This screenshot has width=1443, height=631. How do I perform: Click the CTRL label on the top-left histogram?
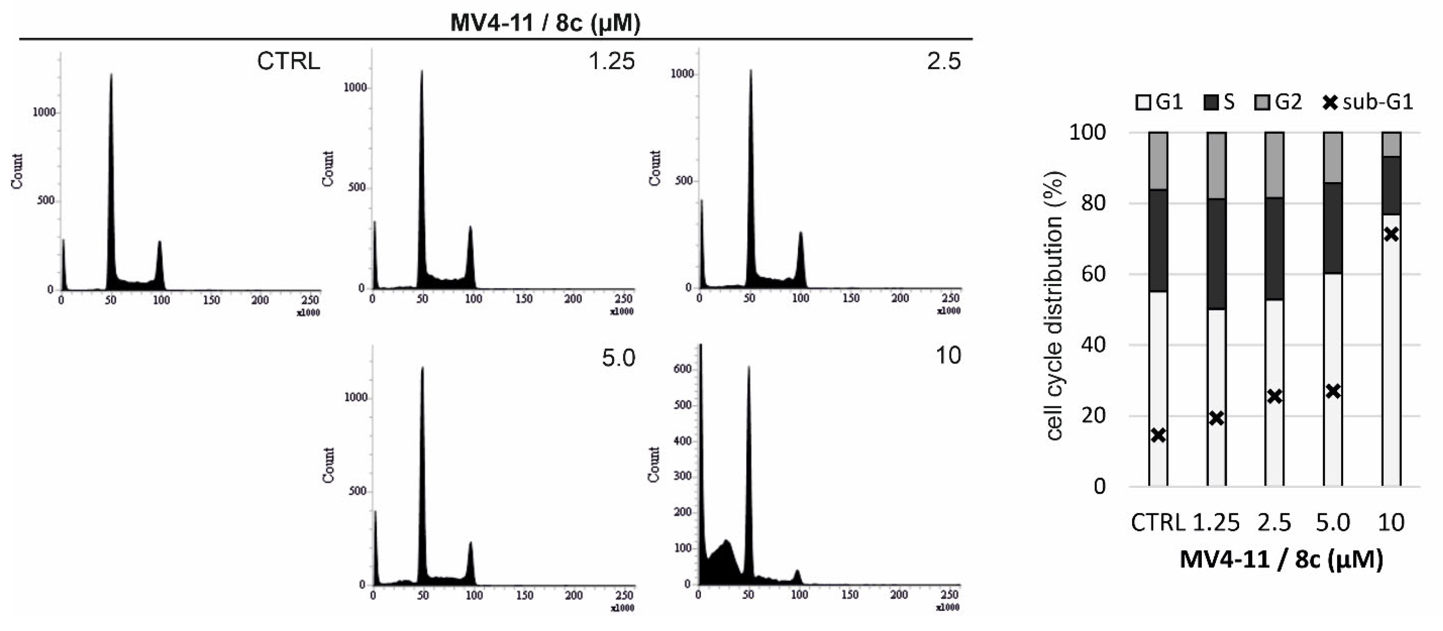point(289,61)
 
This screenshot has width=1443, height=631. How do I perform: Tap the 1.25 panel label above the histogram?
point(611,61)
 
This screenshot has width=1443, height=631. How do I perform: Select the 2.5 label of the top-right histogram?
point(944,61)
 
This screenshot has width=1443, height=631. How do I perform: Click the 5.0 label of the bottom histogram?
point(618,358)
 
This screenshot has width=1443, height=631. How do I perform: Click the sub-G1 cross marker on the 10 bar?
point(1391,234)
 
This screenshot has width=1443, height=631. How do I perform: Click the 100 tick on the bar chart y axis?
point(1087,133)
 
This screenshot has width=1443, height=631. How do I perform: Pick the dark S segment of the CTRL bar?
point(1158,241)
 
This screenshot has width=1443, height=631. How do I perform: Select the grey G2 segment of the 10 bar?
point(1391,144)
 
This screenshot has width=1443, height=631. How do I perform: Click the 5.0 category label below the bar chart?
point(1333,523)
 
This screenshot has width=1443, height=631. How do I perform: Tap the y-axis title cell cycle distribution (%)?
point(1055,305)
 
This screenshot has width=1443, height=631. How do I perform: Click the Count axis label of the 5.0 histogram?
point(328,465)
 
